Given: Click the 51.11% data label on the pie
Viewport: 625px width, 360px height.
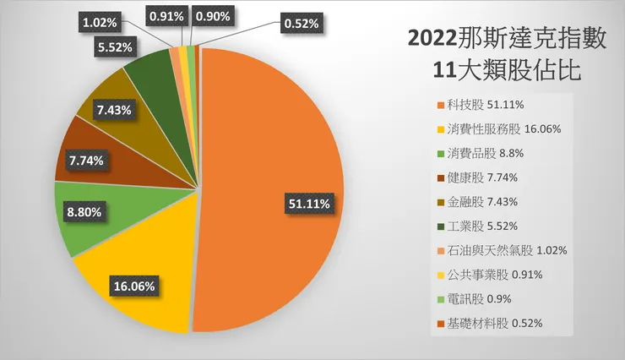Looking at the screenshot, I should click(308, 204).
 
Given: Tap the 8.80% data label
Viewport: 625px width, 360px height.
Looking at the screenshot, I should click(85, 212).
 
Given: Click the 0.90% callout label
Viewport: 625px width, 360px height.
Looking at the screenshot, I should click(215, 15).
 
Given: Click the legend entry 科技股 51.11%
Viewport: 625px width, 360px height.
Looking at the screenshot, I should click(481, 105).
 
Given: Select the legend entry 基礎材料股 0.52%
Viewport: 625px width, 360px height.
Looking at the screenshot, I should click(491, 323).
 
